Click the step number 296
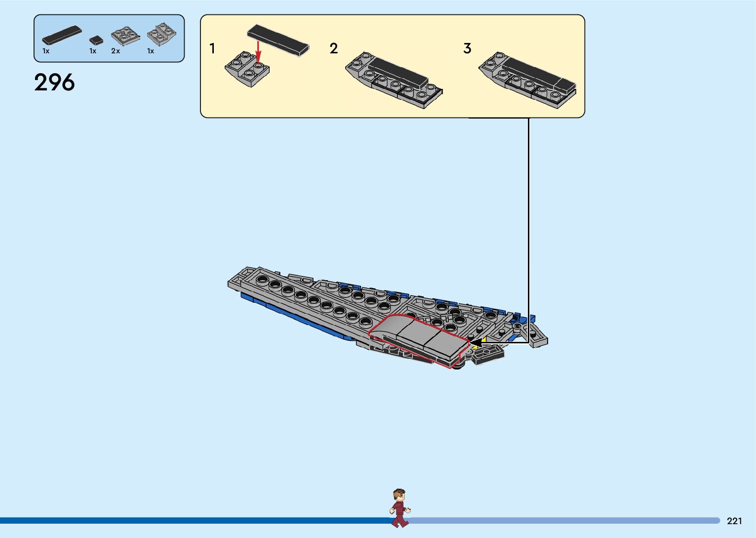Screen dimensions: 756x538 (54, 83)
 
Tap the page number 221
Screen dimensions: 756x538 (734, 521)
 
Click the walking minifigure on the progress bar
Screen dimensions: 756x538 (399, 508)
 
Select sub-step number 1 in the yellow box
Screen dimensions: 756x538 (212, 48)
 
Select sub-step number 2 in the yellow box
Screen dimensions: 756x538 (334, 48)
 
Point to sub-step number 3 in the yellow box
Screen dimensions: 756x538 (467, 48)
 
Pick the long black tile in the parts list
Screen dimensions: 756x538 (62, 35)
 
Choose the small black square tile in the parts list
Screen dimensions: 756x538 (96, 40)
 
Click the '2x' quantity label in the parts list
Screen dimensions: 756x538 (116, 51)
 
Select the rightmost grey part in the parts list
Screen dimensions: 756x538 (162, 34)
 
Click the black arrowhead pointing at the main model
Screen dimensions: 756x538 (476, 342)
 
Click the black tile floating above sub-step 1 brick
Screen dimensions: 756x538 (278, 39)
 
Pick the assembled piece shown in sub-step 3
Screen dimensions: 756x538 (527, 80)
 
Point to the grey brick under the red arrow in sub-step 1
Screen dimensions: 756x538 (247, 69)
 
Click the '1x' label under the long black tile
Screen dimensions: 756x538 (46, 51)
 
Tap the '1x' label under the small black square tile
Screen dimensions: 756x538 (93, 51)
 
